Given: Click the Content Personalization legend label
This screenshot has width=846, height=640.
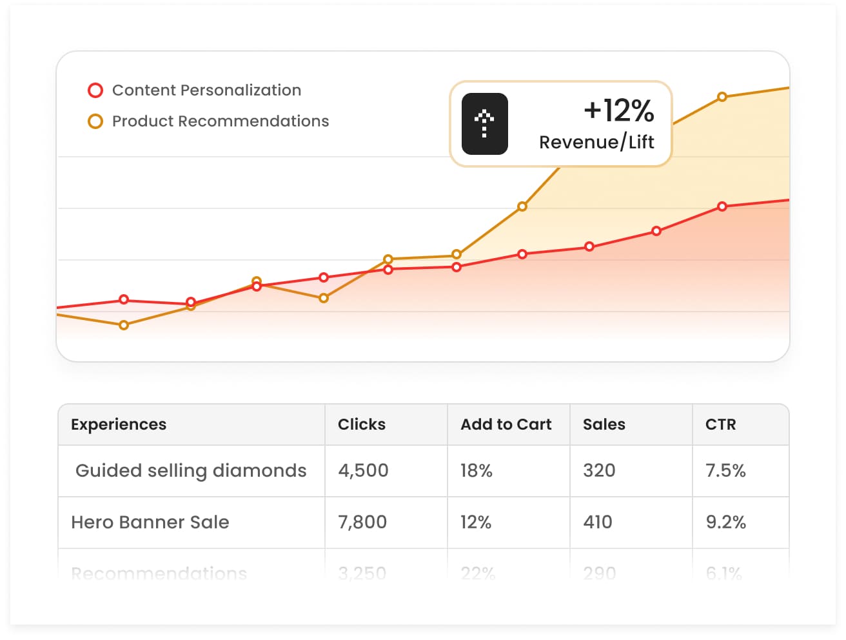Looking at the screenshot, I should pyautogui.click(x=206, y=90).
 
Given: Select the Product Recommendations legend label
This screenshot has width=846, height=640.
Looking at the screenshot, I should pyautogui.click(x=220, y=121).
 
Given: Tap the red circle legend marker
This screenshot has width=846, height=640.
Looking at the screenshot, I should pyautogui.click(x=95, y=90).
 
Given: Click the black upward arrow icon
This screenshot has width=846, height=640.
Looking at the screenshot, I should pyautogui.click(x=484, y=124).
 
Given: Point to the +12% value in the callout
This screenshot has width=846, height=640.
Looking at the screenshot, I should pyautogui.click(x=618, y=110).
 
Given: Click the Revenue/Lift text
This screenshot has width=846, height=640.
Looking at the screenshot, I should pyautogui.click(x=596, y=142).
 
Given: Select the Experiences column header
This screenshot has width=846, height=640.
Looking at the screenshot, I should pyautogui.click(x=119, y=425).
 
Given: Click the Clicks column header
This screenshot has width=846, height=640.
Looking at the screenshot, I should pyautogui.click(x=361, y=425).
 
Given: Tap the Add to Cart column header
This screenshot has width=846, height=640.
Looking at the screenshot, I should pyautogui.click(x=506, y=425).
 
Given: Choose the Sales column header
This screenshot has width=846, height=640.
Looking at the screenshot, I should pyautogui.click(x=604, y=425).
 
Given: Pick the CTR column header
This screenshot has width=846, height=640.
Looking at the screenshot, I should pyautogui.click(x=720, y=425).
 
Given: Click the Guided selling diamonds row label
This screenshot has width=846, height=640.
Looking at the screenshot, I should pyautogui.click(x=191, y=471).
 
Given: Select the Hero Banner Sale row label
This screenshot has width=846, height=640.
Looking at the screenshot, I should pyautogui.click(x=150, y=523).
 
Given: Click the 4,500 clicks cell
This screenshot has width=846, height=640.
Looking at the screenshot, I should pyautogui.click(x=363, y=471).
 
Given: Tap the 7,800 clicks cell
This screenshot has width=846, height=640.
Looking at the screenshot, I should pyautogui.click(x=362, y=523).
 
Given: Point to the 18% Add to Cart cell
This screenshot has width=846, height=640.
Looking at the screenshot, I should pyautogui.click(x=476, y=471).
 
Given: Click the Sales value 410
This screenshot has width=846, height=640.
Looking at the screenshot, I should pyautogui.click(x=597, y=523).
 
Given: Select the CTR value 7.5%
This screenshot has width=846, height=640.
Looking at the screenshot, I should pyautogui.click(x=725, y=471).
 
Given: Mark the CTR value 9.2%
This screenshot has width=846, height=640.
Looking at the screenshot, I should pyautogui.click(x=725, y=523).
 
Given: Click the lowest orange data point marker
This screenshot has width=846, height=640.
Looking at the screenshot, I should pyautogui.click(x=124, y=325).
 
